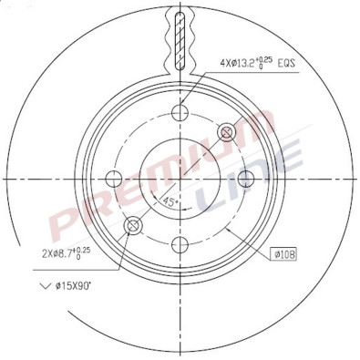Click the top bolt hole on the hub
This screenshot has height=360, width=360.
coord(180,113)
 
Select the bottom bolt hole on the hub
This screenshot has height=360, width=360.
coord(180,243)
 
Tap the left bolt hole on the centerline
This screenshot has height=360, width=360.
coord(114,178)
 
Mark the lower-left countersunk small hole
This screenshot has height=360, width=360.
coord(134,224)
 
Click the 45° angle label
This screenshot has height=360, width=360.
coord(170,201)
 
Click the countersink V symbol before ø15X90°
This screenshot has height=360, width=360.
coord(45,287)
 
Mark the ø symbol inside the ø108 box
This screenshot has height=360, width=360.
coord(277,255)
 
